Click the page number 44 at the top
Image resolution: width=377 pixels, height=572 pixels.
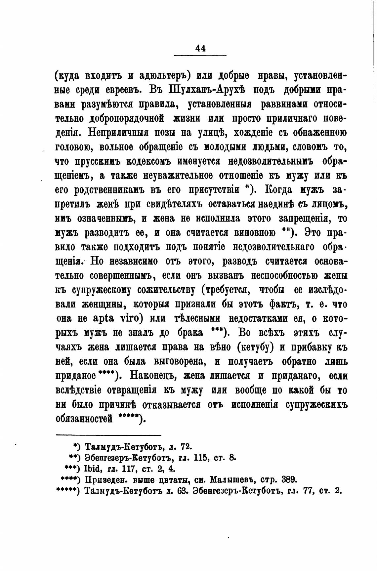click(x=200, y=48)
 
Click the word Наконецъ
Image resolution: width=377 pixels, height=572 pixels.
click(x=150, y=376)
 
